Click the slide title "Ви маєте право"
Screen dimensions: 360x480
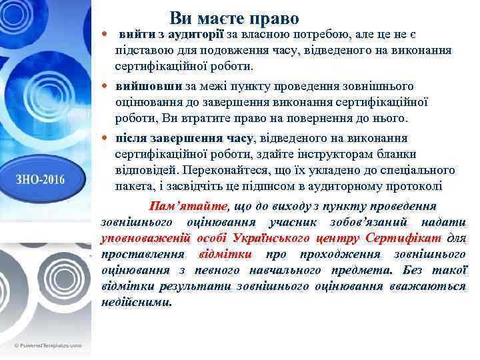(x=234, y=18)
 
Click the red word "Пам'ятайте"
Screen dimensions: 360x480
(x=188, y=206)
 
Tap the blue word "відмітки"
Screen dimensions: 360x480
(x=225, y=254)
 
